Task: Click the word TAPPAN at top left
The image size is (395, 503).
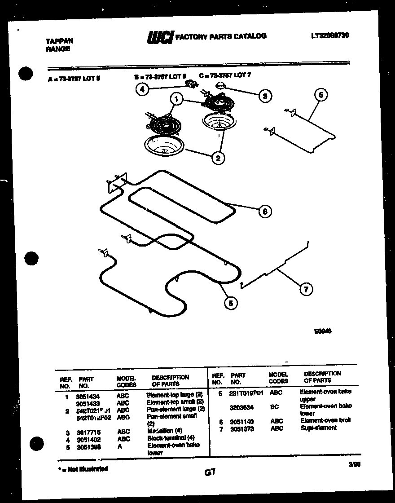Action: coord(60,41)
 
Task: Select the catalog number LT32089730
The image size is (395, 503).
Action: coord(329,35)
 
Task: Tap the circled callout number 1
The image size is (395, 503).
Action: coord(177,99)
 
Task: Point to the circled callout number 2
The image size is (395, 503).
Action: coord(218,158)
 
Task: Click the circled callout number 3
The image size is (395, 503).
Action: coord(265,95)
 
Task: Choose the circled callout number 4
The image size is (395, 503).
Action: coord(142,89)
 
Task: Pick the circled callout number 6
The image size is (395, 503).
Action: coord(265,212)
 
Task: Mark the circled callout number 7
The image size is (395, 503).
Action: coord(306,290)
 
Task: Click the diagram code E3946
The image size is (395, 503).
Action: coord(323,331)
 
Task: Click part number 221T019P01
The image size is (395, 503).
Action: coord(246,393)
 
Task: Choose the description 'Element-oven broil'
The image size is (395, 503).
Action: coord(325,420)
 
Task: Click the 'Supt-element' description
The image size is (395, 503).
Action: coord(318,428)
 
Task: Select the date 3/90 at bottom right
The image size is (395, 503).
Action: coord(354,465)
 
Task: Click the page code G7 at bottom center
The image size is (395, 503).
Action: coord(209,472)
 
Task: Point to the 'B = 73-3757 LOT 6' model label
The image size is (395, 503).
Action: coord(160,76)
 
